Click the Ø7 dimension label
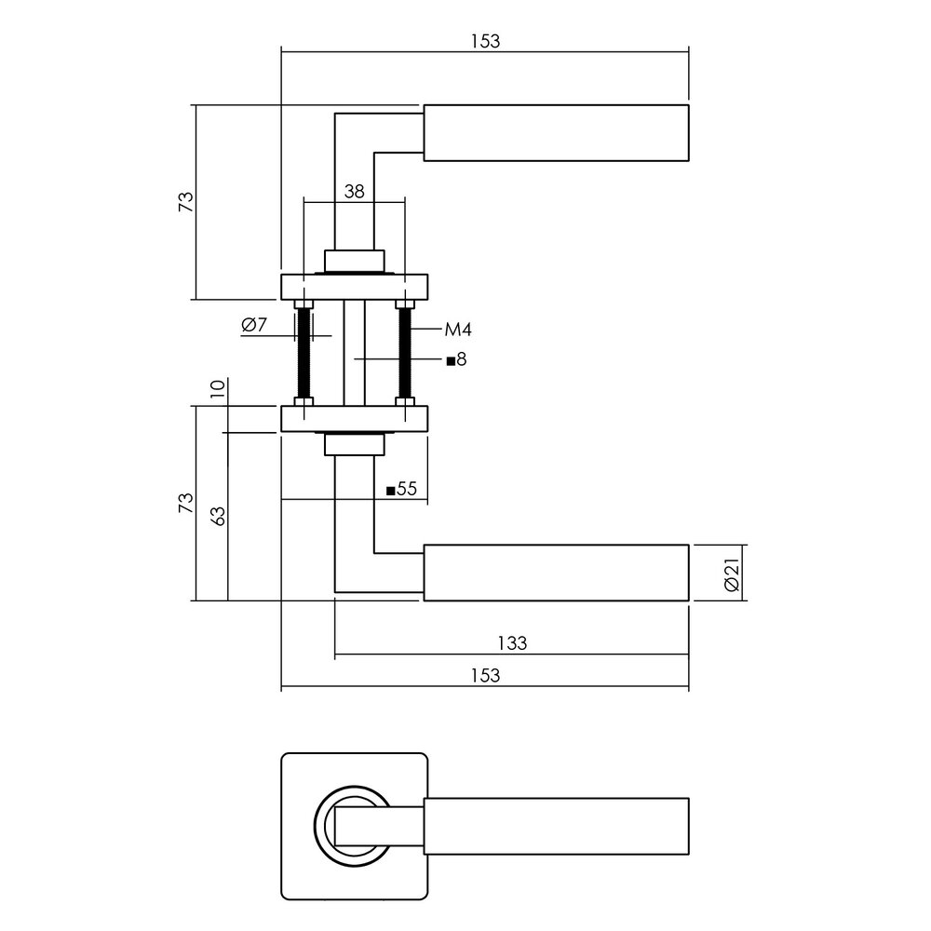pyautogui.click(x=254, y=326)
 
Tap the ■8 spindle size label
pyautogui.click(x=455, y=360)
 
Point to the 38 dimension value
pyautogui.click(x=354, y=193)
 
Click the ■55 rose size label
pyautogui.click(x=401, y=490)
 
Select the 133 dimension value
pyautogui.click(x=511, y=642)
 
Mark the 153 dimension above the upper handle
pyautogui.click(x=485, y=40)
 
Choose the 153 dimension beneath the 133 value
pyautogui.click(x=485, y=676)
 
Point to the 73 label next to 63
pyautogui.click(x=186, y=504)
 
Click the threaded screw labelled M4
pyautogui.click(x=405, y=354)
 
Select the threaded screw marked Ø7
pyautogui.click(x=303, y=354)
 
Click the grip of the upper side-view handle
pyautogui.click(x=556, y=133)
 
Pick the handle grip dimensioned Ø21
pyautogui.click(x=556, y=573)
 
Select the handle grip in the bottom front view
pyautogui.click(x=556, y=826)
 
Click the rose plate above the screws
pyautogui.click(x=354, y=287)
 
